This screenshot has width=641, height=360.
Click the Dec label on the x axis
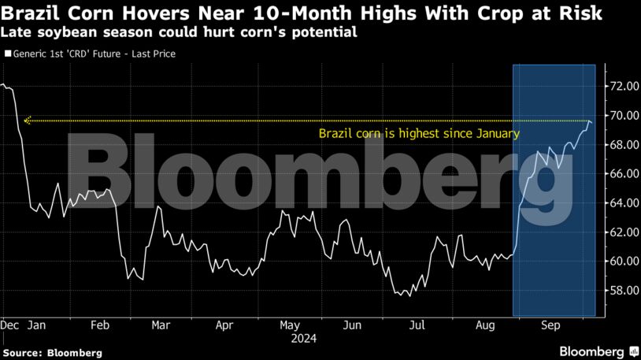[10, 324]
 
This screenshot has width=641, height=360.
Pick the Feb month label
[99, 324]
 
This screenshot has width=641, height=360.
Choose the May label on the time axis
[290, 324]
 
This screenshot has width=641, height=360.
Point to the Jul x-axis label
[418, 324]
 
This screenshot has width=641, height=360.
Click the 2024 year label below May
[303, 338]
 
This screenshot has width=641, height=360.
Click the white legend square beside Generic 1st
[8, 54]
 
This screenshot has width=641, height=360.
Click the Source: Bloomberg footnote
[52, 353]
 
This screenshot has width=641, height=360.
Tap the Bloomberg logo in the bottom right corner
[598, 351]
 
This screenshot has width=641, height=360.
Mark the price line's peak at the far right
[590, 121]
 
